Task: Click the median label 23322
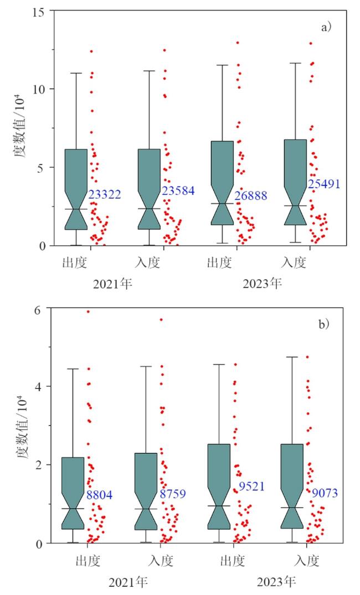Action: [x=104, y=194]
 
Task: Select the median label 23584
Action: [x=178, y=191]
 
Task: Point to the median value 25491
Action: [x=323, y=184]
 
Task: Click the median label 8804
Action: [x=99, y=495]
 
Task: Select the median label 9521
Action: [x=251, y=487]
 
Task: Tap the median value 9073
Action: [x=325, y=493]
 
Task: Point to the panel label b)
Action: [x=324, y=324]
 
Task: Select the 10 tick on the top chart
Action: [x=40, y=89]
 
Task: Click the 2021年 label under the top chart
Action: [x=113, y=284]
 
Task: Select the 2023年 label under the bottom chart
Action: [x=276, y=583]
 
